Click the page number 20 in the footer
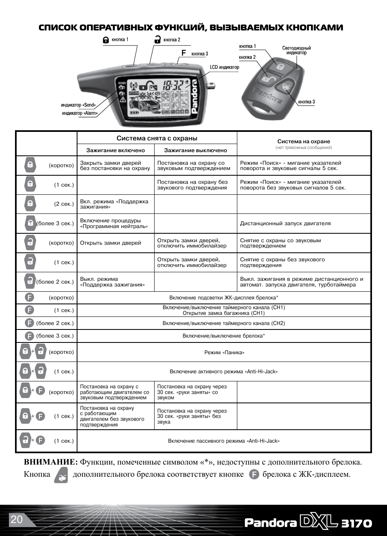tap(17, 519)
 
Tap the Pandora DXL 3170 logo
tap(308, 523)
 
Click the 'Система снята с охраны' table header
tap(157, 138)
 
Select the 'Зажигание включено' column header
tap(116, 150)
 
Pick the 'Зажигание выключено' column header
tap(196, 150)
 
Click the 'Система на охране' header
tap(303, 142)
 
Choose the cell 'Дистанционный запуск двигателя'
tap(285, 224)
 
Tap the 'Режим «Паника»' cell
tap(224, 353)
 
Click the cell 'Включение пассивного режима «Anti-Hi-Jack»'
tap(224, 441)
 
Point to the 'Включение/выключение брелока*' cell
tap(224, 336)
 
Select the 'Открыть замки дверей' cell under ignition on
tap(111, 243)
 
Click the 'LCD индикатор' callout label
tap(224, 67)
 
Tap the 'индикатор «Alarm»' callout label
tap(80, 113)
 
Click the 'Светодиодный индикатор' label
tap(297, 50)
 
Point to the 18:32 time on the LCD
tap(173, 85)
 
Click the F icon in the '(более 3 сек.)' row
tap(29, 336)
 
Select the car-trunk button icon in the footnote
tap(61, 475)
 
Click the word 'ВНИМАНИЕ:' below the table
tap(50, 462)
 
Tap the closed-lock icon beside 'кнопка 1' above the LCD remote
tap(106, 40)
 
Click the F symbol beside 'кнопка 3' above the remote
tap(184, 53)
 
